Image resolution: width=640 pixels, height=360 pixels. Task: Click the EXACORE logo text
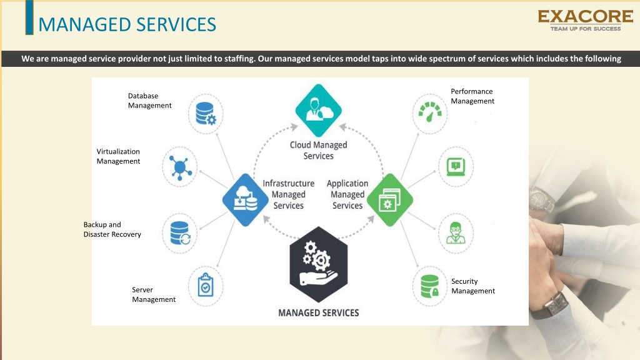(585, 16)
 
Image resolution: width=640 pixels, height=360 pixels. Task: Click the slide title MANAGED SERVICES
(127, 24)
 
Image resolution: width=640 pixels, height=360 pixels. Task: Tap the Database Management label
(150, 101)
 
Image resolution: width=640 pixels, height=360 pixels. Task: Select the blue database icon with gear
(206, 114)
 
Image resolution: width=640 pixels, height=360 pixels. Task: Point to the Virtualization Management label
(118, 156)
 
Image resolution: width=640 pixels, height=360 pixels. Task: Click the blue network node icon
(180, 167)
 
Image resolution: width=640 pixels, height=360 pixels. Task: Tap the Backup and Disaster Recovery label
(112, 229)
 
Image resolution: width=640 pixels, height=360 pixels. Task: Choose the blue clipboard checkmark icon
(206, 285)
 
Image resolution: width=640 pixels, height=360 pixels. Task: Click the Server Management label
(154, 294)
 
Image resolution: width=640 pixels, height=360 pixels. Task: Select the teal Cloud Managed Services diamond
(318, 110)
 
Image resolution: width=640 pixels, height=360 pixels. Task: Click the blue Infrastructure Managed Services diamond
(245, 199)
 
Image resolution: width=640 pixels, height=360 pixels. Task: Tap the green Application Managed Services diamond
(390, 199)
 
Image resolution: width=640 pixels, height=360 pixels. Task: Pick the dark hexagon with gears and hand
(318, 264)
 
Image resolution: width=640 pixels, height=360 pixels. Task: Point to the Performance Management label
(472, 96)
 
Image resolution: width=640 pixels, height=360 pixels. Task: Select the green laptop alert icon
(456, 167)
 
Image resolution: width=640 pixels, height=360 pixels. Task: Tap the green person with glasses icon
(456, 233)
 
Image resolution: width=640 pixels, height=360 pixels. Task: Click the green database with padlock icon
(430, 286)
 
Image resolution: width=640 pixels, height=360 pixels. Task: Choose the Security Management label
(473, 286)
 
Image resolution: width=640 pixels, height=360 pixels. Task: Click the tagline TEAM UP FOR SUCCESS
(585, 29)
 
